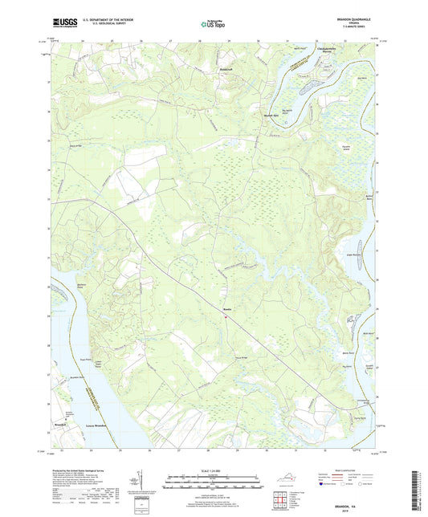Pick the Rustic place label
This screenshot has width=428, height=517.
point(226,310)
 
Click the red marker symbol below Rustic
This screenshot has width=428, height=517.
point(226,316)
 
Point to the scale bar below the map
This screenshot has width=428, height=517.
point(214,484)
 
